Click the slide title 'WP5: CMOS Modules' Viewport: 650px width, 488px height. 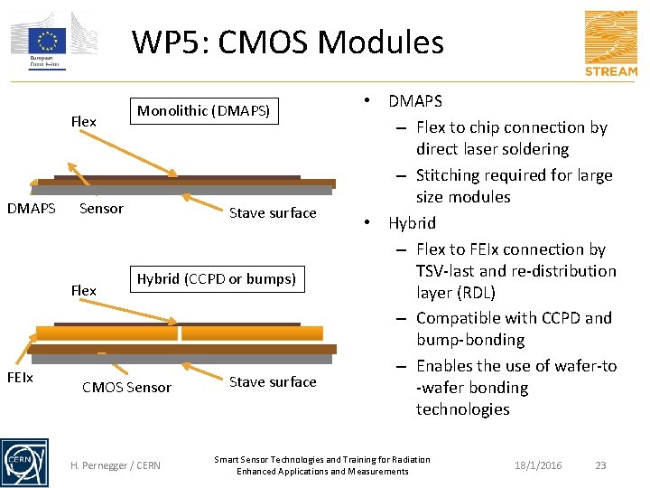click(287, 42)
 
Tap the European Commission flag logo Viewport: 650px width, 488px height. click(46, 41)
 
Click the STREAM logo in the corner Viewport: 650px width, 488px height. click(610, 42)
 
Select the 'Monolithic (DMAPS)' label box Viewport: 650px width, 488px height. click(203, 111)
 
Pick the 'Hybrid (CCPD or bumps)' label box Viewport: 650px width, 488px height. click(216, 278)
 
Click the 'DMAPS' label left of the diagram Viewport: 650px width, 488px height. click(32, 209)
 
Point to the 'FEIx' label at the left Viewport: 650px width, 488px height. click(20, 377)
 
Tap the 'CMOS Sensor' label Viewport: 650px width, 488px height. click(126, 388)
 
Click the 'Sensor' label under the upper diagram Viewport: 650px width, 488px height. click(101, 209)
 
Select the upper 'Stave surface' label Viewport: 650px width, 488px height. click(273, 213)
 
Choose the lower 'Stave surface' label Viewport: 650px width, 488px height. click(273, 382)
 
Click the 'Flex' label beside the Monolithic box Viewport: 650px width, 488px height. click(83, 122)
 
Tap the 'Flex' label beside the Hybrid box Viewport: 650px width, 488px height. click(83, 290)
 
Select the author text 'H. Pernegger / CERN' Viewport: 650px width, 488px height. click(116, 465)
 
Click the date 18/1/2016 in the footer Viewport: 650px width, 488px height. click(538, 465)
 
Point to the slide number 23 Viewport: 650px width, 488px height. click(601, 465)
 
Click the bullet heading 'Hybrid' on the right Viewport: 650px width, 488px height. click(413, 223)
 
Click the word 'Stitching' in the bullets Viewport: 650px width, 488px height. click(449, 175)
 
